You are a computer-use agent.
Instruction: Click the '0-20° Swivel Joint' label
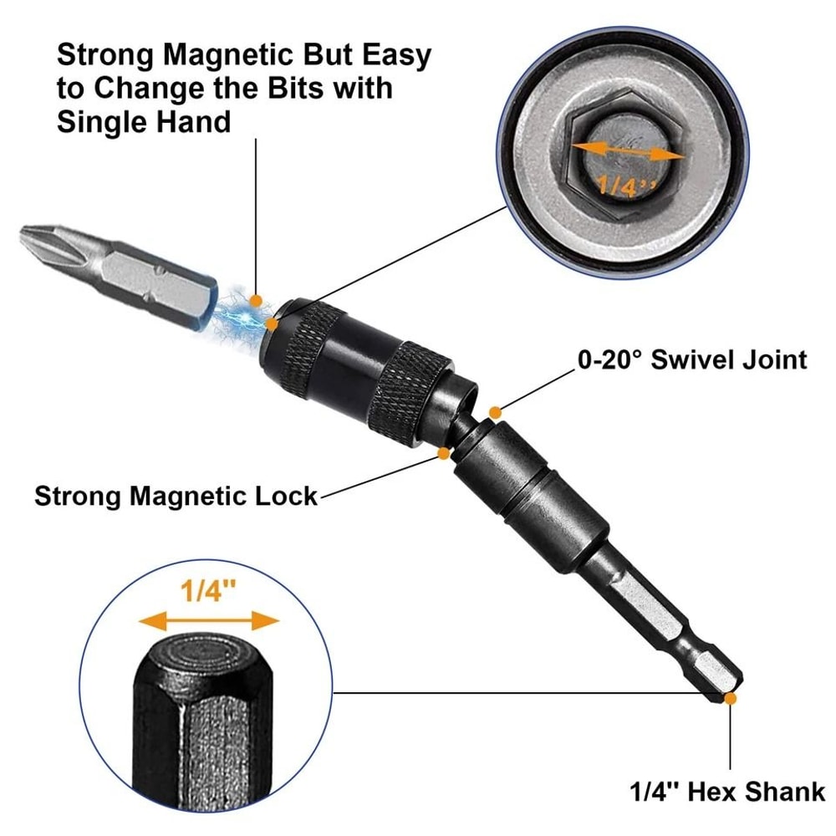(692, 360)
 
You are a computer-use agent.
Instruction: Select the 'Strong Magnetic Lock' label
(176, 496)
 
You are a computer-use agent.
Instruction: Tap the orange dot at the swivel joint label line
(495, 412)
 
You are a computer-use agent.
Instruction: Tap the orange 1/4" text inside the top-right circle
(617, 185)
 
